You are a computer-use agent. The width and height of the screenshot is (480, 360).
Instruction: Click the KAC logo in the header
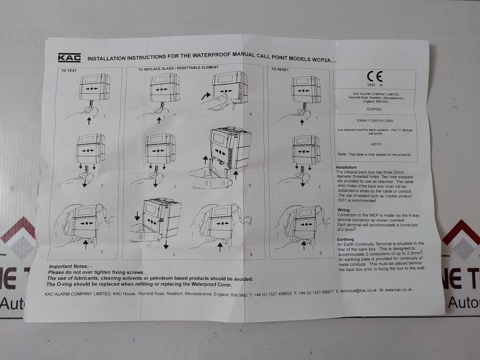point(69,58)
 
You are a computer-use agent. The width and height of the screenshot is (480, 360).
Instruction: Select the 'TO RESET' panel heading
point(280,69)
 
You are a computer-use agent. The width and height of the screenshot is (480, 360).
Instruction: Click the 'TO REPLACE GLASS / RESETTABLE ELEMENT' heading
point(178,68)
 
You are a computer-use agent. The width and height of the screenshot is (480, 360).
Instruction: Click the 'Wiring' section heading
point(344,210)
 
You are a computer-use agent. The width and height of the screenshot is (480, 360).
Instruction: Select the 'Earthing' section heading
point(346,239)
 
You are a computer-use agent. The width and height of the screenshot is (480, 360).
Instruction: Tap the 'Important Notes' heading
point(71,266)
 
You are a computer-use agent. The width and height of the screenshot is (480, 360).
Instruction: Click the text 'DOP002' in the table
point(374,108)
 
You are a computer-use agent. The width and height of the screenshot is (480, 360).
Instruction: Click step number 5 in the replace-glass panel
point(249,185)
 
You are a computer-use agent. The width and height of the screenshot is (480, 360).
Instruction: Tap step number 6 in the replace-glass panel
point(251,255)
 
